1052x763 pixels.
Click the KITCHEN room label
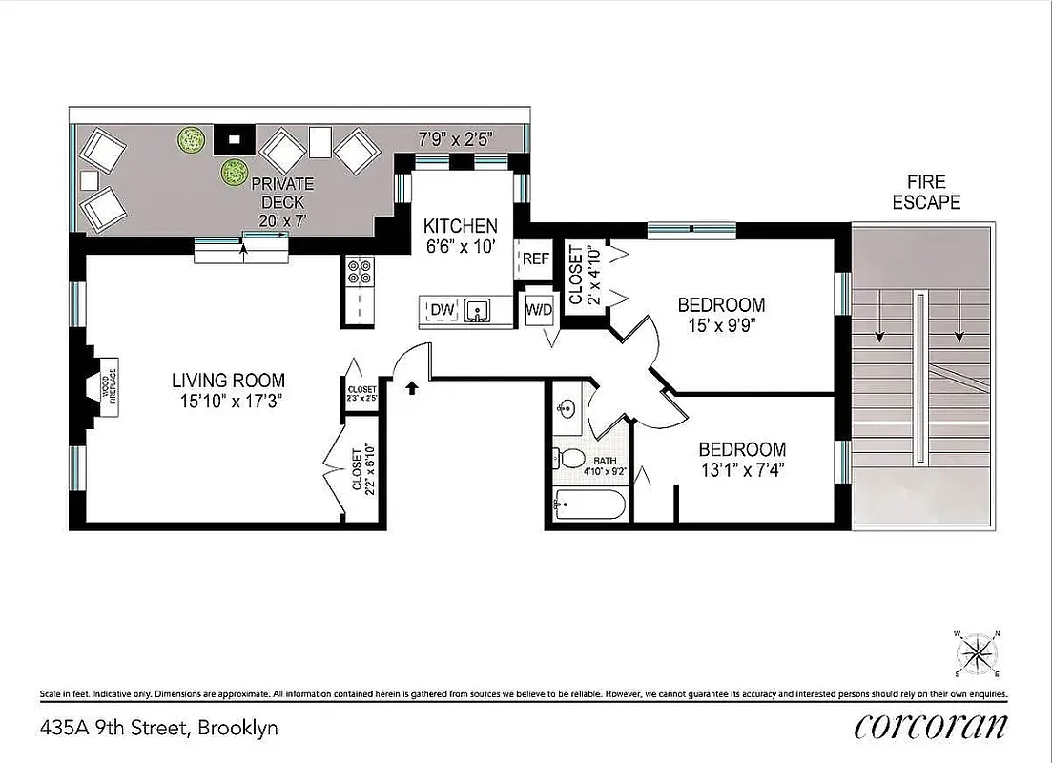pyautogui.click(x=461, y=227)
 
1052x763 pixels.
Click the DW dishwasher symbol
pyautogui.click(x=441, y=310)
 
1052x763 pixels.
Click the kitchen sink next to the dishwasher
pyautogui.click(x=479, y=310)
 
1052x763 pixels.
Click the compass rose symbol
pyautogui.click(x=976, y=653)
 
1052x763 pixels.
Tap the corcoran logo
pyautogui.click(x=930, y=727)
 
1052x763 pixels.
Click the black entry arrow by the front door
pyautogui.click(x=412, y=387)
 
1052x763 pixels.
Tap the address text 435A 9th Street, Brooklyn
pyautogui.click(x=159, y=729)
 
